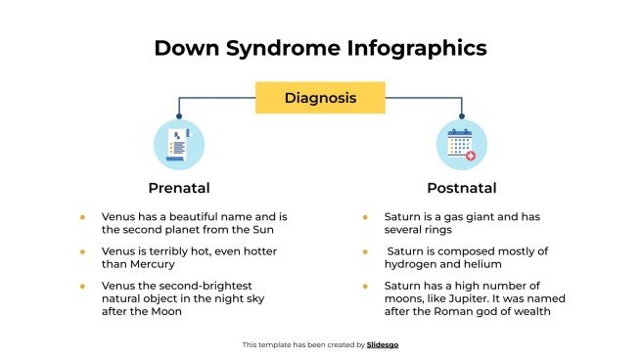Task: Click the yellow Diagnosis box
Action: tap(320, 98)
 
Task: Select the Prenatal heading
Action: tap(179, 187)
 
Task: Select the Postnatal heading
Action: tap(461, 187)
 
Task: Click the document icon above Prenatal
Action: tap(179, 145)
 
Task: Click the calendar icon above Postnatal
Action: tap(461, 145)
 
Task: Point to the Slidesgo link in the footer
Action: tap(383, 344)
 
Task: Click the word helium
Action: tap(482, 263)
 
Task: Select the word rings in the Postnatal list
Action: tap(436, 230)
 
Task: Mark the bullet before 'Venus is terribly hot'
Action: tap(82, 251)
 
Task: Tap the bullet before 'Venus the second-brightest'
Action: tap(82, 285)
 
